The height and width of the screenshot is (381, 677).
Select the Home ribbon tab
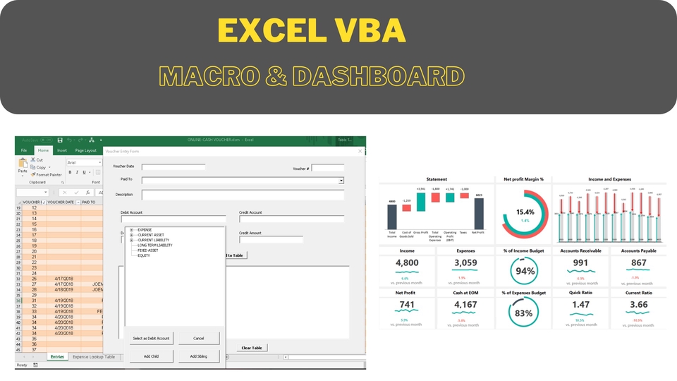point(44,150)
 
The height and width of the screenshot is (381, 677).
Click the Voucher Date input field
point(173,167)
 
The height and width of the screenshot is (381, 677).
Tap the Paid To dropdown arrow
point(341,181)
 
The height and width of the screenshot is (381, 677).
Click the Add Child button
point(151,356)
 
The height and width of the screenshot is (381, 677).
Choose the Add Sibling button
point(198,356)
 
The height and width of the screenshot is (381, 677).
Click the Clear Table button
point(252,348)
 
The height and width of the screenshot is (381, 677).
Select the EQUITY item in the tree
point(144,255)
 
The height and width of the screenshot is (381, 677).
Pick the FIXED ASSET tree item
point(148,250)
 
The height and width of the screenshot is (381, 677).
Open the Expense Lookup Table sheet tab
point(94,357)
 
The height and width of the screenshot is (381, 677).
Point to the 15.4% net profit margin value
point(525,212)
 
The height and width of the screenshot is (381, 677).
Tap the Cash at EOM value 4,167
point(465,305)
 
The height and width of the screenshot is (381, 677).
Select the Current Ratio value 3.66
point(638,305)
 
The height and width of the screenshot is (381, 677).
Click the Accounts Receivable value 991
point(580,263)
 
